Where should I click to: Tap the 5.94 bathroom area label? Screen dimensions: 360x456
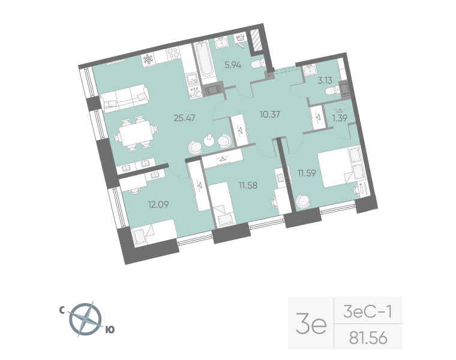[x=233, y=64]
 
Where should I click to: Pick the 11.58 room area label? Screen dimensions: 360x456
[x=247, y=185]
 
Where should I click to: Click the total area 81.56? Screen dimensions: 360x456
[x=368, y=339]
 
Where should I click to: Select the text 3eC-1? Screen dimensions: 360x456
[x=368, y=311]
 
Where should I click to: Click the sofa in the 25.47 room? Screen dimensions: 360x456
[x=125, y=98]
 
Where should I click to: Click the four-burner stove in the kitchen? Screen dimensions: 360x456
[x=173, y=55]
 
